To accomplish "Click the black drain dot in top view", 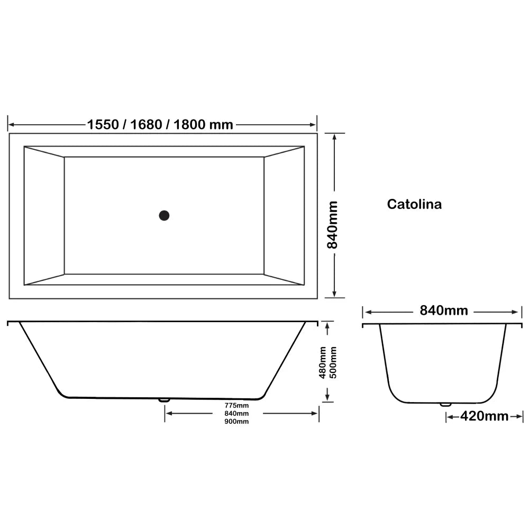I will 164,215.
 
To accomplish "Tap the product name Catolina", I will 414,204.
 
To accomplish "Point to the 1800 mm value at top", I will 203,125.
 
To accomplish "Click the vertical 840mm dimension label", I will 333,225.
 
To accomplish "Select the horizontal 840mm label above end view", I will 444,311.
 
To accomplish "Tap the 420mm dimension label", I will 484,416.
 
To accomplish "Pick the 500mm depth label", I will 333,362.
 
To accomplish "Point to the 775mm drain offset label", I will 236,405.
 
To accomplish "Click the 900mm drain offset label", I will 236,421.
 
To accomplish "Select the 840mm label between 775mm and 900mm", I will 236,413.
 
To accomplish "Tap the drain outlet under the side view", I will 165,400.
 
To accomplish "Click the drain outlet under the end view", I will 445,405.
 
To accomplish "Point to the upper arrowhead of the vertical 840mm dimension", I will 334,137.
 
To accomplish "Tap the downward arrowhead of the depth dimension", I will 328,397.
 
